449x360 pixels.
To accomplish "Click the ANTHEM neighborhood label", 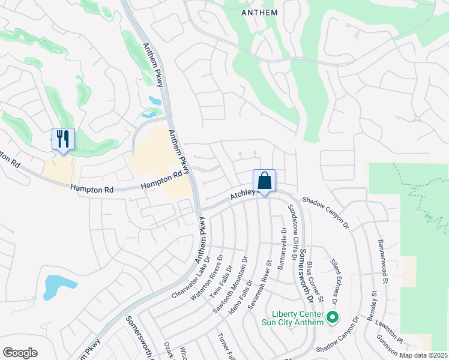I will coord(259,12).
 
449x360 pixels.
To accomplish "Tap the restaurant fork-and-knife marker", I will coord(63,139).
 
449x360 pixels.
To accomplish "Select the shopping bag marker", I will coord(264,181).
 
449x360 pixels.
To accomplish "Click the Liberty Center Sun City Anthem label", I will coord(298,318).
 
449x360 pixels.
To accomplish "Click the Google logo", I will coord(20,353).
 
